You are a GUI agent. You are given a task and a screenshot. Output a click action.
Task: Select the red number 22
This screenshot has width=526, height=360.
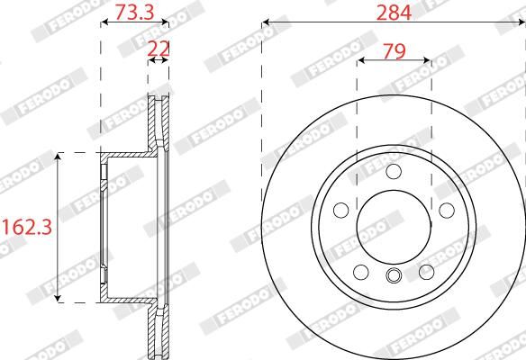[159, 47]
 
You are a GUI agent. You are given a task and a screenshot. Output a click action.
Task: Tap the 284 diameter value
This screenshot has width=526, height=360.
[394, 12]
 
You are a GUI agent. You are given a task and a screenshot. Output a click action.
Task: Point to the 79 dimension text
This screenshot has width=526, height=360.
[394, 51]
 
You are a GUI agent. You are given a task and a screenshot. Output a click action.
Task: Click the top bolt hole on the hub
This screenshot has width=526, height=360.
[394, 173]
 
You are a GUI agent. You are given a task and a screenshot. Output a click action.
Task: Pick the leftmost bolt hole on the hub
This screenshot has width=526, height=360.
[340, 210]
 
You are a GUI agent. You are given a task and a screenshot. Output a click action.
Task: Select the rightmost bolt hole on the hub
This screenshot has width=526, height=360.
[446, 210]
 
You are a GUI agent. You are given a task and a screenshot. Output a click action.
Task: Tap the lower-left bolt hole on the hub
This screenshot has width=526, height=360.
[361, 272]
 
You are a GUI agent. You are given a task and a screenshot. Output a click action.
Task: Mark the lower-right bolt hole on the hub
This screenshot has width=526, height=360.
[426, 272]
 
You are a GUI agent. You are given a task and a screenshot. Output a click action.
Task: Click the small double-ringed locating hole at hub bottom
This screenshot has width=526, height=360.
[394, 276]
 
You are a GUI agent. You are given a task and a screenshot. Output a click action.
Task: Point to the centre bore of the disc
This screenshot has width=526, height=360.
[394, 226]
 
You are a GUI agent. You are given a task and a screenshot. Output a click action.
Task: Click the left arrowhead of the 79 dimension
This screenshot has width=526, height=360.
[361, 62]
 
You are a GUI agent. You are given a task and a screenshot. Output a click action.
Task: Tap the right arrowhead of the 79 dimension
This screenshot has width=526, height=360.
[426, 62]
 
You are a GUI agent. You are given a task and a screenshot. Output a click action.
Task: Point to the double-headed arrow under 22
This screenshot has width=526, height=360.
[159, 61]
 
